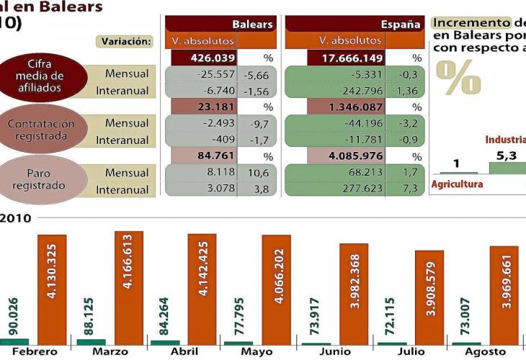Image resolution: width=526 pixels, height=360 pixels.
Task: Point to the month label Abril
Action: pyautogui.click(x=186, y=352)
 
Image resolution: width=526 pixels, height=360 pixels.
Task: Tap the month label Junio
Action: pyautogui.click(x=336, y=352)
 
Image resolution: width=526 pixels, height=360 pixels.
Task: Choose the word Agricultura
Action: pyautogui.click(x=457, y=184)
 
